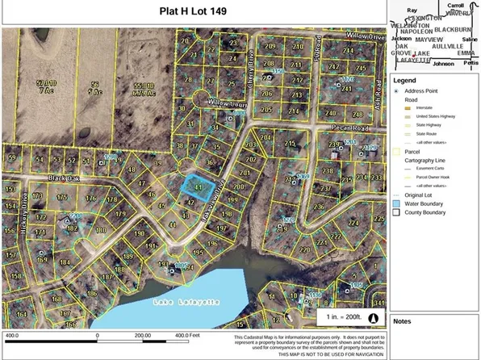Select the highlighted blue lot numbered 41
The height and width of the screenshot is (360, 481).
click(x=197, y=186)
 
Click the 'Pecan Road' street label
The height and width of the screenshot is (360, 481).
click(x=349, y=128)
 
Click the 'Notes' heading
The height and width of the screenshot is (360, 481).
click(x=401, y=320)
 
